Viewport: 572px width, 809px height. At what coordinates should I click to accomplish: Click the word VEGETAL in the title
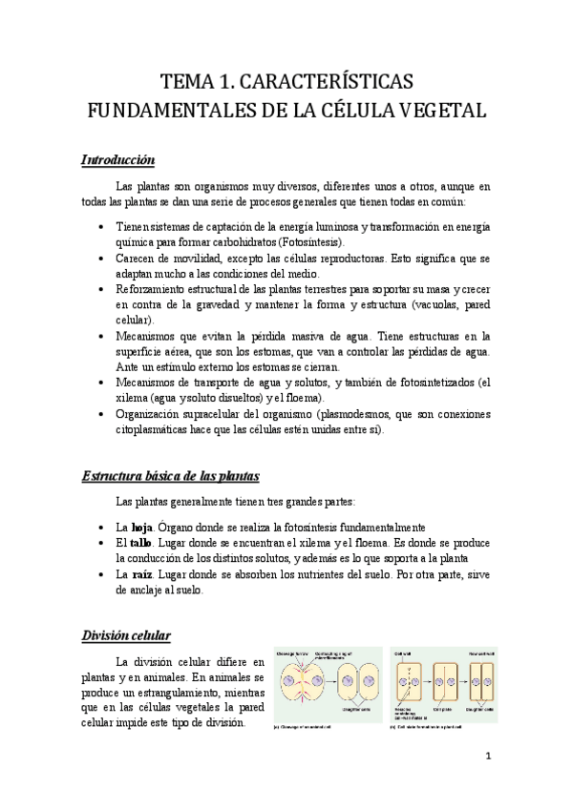click(434, 110)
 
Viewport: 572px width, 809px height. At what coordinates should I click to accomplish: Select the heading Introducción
click(117, 159)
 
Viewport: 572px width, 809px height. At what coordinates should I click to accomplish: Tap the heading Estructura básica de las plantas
click(169, 474)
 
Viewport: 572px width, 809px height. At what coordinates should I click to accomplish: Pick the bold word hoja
click(141, 528)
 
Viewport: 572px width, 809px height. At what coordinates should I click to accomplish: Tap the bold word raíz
click(141, 574)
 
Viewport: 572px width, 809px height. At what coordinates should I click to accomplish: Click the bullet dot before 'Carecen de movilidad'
click(103, 258)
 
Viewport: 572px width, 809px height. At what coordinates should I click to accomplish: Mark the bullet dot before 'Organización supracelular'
click(103, 414)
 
